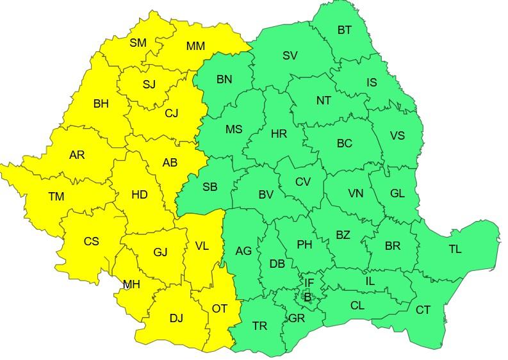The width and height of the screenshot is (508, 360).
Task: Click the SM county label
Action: point(138,43)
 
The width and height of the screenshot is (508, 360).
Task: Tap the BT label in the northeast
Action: point(345,30)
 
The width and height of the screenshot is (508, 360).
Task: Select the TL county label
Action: point(455,249)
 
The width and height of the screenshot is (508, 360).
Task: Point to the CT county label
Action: point(423,310)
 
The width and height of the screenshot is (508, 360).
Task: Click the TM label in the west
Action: point(56,197)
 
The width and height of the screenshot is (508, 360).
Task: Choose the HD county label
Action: point(139,194)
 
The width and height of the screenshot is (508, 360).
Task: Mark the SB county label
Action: point(209,187)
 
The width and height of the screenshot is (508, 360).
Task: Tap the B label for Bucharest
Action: point(307,297)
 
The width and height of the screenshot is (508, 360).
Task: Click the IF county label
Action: point(309,282)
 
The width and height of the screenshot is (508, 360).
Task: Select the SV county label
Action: point(290,56)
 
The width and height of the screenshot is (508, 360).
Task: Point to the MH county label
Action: point(131,284)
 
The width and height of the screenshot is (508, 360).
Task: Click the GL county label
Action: point(397,193)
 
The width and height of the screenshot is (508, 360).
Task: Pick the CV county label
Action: point(302,182)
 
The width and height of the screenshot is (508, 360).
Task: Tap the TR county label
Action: point(259,326)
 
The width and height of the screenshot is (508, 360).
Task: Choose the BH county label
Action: point(101,103)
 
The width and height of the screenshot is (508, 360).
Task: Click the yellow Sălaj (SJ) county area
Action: point(149,85)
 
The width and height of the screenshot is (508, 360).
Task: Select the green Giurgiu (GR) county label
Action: point(297,318)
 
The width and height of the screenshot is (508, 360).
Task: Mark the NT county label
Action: point(324,101)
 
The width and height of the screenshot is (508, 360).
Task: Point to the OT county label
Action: point(220,309)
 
